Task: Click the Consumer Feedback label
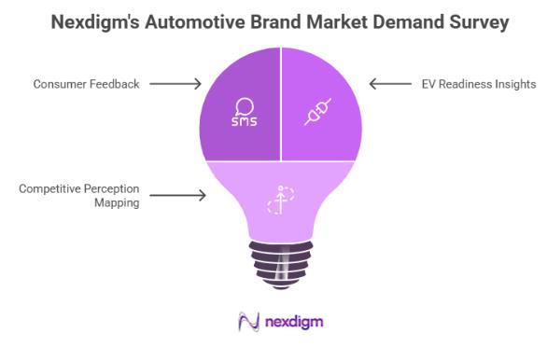(x=86, y=84)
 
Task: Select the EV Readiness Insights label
(x=479, y=84)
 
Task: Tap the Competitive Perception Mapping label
(x=79, y=194)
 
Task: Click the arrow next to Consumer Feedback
(x=175, y=84)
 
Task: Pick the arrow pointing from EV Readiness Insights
(x=390, y=84)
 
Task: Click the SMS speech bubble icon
(x=245, y=112)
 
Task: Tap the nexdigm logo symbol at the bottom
(x=247, y=321)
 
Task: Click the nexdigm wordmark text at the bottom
(x=293, y=322)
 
